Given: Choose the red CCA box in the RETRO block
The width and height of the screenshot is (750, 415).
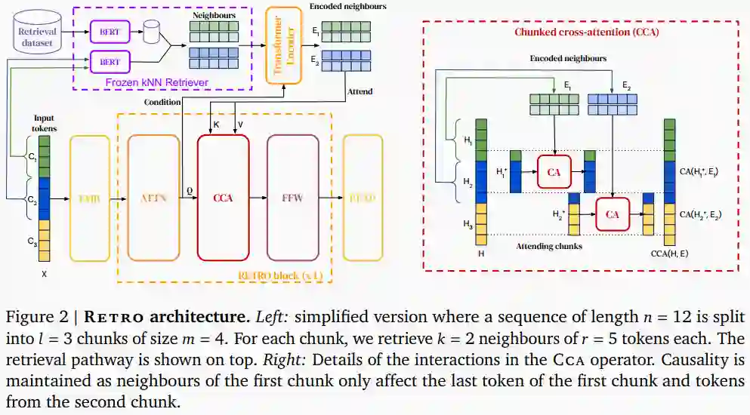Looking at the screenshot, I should click(x=223, y=198).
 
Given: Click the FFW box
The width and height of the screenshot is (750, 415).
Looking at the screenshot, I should click(x=292, y=198).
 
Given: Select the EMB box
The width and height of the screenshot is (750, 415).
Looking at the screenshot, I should click(x=89, y=198).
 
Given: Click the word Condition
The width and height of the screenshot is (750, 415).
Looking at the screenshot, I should click(x=162, y=102).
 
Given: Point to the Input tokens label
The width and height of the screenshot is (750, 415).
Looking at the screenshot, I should click(x=44, y=123).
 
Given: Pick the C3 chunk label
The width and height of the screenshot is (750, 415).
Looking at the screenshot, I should click(x=31, y=242).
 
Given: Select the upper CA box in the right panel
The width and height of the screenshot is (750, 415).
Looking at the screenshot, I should click(x=554, y=172).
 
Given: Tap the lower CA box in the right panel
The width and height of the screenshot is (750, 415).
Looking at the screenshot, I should click(x=612, y=214).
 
